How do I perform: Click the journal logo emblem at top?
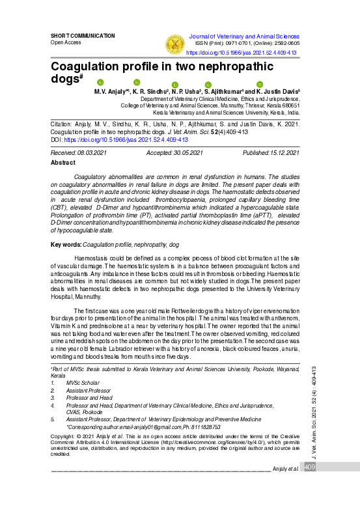point(174,43)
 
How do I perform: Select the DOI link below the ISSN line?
point(242,52)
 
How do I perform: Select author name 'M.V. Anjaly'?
point(105,93)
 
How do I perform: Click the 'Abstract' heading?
point(63,162)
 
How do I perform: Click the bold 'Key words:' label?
point(66,244)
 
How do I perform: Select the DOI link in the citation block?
point(126,139)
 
